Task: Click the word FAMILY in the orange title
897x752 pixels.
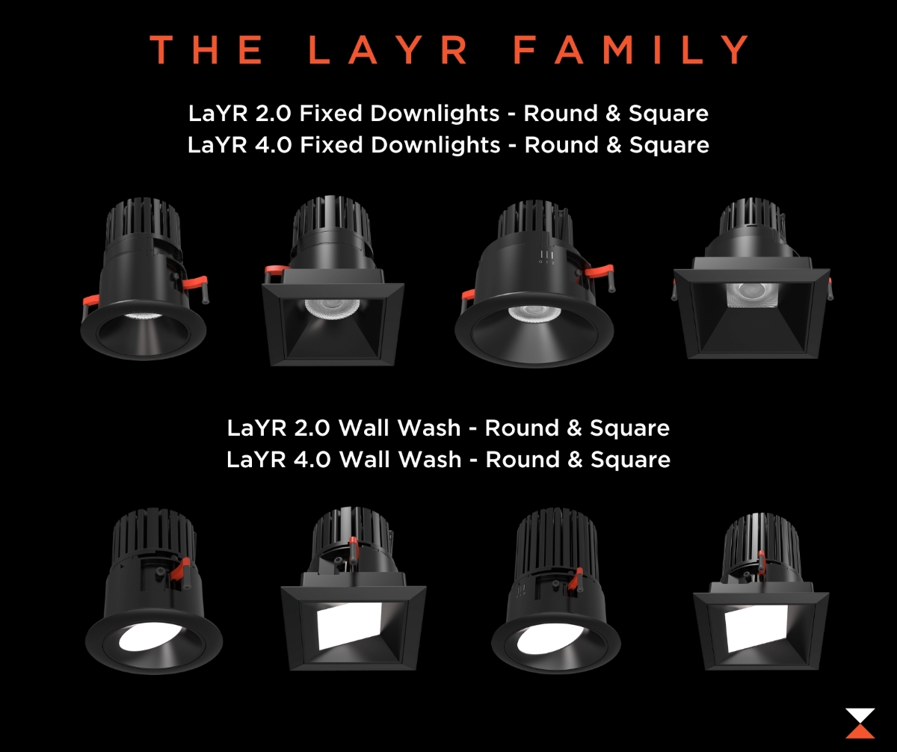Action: [631, 49]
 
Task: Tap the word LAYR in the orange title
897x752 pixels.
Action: [387, 49]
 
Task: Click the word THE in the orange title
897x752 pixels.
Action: [206, 49]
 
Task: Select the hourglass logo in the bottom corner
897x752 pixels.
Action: [860, 724]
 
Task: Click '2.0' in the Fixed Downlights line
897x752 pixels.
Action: [274, 114]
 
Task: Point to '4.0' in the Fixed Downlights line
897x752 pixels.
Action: [274, 145]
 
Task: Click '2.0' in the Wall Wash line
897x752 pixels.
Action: [312, 428]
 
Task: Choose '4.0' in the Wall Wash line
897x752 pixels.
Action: [312, 460]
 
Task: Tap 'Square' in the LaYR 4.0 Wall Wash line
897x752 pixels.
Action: [630, 460]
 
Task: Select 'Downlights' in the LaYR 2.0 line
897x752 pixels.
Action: [435, 114]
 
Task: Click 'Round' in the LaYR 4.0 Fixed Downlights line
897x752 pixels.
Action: [561, 145]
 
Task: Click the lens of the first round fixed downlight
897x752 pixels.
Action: [144, 316]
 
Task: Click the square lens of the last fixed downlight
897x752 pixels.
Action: [751, 295]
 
